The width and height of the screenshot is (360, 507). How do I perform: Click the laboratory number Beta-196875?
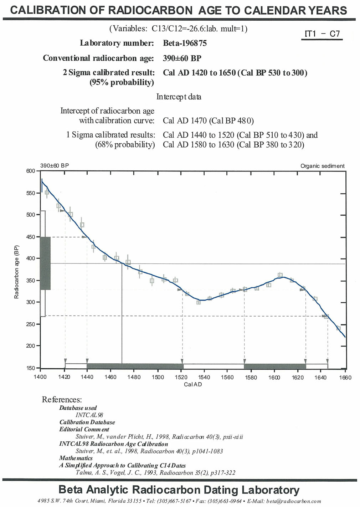pos(185,43)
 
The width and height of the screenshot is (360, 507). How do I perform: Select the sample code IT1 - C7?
pos(322,34)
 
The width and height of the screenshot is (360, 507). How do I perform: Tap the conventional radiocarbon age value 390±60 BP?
pos(182,58)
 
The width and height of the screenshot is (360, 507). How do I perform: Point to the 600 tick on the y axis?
pos(31,171)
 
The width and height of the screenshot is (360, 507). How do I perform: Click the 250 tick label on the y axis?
pos(31,324)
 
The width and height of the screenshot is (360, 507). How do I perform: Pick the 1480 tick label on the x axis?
pos(134,378)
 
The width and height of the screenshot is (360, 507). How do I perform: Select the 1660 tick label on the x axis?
pos(345,378)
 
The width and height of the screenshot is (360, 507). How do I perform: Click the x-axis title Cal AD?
pos(193,384)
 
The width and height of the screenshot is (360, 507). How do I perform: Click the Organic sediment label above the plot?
pos(322,166)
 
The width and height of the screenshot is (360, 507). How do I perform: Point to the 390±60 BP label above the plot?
pos(55,166)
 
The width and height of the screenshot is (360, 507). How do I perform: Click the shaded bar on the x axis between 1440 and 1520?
pos(135,366)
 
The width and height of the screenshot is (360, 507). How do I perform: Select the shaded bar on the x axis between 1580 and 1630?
pos(275,366)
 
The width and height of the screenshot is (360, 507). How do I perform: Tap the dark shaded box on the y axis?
pos(45,263)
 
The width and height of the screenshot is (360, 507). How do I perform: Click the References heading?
pos(62,399)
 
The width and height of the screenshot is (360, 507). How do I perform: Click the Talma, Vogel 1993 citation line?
pos(155,473)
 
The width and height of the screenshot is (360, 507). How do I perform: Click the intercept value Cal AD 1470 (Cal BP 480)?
pos(208,121)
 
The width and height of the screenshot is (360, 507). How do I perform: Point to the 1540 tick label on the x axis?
pos(204,378)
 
